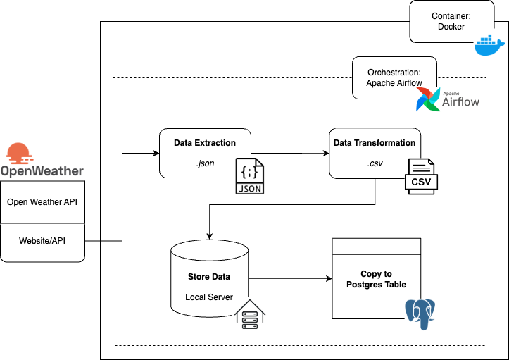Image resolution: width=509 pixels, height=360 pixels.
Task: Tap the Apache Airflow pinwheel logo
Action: point(429,101)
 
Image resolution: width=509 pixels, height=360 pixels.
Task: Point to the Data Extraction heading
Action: point(205,143)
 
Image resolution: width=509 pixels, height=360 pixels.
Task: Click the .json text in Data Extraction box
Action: point(205,163)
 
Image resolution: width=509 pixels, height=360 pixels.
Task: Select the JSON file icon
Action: point(251,176)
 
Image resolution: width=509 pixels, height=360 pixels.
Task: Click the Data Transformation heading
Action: point(375,143)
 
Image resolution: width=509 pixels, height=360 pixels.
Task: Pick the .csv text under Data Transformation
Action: point(375,163)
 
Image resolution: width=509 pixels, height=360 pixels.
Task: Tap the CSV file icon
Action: point(421,176)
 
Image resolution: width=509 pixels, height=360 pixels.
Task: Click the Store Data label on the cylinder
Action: point(208,277)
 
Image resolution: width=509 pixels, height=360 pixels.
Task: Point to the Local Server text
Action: point(208,297)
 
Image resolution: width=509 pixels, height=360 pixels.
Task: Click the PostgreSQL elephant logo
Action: point(421,314)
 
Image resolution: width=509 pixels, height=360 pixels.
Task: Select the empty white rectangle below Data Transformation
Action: point(376,247)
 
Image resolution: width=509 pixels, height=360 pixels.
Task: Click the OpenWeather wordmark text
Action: point(42,171)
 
